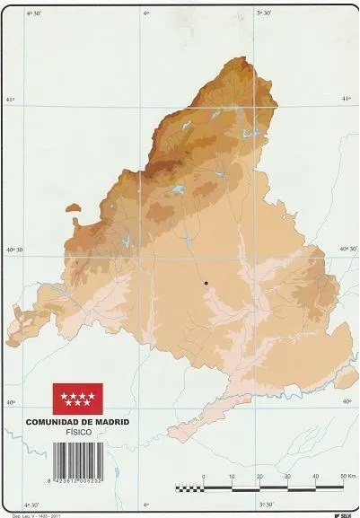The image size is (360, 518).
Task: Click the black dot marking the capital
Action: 206,283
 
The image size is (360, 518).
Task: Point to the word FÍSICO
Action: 78,432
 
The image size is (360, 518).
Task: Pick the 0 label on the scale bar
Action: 204,477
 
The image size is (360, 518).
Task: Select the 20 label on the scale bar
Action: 259,477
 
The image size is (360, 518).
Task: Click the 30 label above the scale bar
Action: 287,477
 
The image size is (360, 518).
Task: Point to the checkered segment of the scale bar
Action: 189,488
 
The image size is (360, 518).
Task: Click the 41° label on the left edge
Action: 10,101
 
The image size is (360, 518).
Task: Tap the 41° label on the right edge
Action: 348,101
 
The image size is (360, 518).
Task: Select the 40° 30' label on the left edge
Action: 13,250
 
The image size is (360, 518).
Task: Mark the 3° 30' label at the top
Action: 265,13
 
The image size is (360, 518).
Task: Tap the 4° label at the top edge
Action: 146,13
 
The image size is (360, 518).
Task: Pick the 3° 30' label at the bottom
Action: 266,505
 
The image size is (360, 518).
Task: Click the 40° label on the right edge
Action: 347,401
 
